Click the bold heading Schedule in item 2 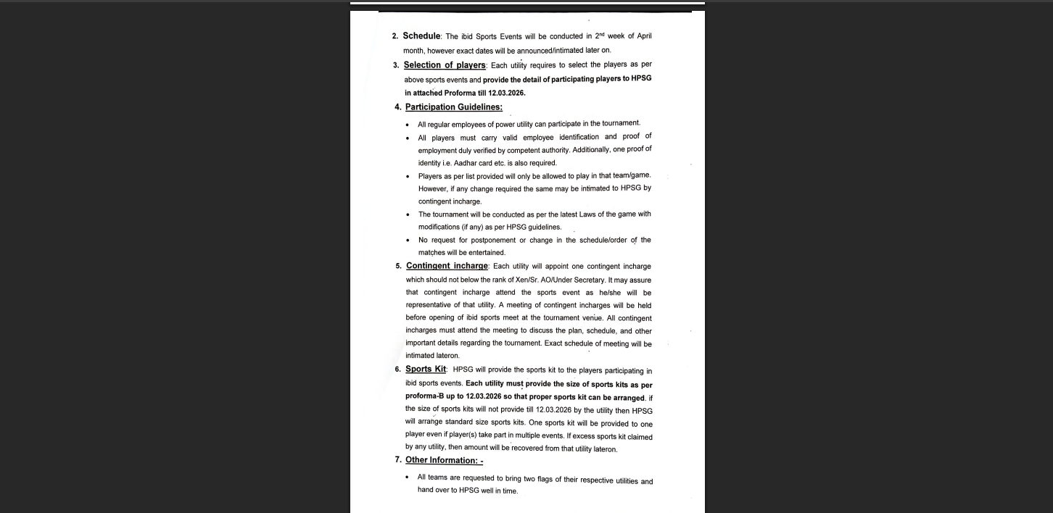(421, 36)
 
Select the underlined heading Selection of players (445, 65)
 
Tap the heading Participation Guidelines (453, 107)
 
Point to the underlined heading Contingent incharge (447, 266)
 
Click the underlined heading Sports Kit (426, 370)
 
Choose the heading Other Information (444, 460)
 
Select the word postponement (492, 241)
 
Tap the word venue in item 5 (592, 318)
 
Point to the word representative (432, 306)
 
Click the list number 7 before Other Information (397, 460)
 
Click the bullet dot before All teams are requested (408, 477)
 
